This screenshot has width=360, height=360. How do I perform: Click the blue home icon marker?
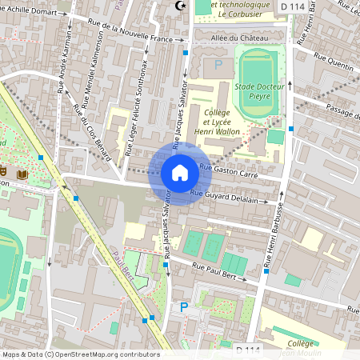click(180, 173)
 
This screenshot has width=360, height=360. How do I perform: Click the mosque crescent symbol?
click(179, 6)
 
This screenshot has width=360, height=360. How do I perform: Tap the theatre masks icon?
click(5, 171)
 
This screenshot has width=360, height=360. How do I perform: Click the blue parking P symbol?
click(184, 306)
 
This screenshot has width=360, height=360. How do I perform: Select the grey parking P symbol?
click(215, 64)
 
